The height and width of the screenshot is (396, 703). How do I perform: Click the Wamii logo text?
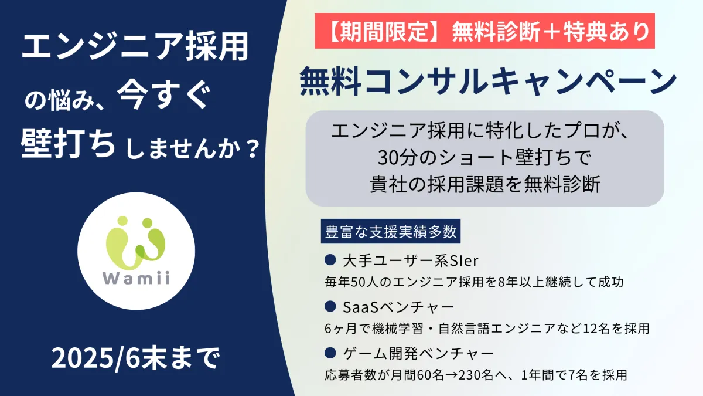136,277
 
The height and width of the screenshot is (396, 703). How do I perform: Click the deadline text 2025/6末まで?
135,358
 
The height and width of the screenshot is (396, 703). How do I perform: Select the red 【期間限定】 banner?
485,31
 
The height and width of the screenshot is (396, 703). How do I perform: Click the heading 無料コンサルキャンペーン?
488,81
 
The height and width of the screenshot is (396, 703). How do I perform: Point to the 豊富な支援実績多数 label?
391,231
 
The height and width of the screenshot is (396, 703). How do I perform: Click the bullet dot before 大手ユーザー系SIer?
330,260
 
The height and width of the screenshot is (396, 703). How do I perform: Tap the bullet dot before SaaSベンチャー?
330,306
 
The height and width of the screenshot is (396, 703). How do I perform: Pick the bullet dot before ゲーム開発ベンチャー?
330,353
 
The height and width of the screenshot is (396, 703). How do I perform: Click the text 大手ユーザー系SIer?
411,260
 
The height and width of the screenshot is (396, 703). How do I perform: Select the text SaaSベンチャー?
398,307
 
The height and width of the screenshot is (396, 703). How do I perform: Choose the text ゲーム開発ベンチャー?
418,353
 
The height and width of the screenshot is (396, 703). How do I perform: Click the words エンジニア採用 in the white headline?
135,47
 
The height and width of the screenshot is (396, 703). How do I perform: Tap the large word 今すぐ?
164,96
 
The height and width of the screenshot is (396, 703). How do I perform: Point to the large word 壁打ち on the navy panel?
68,144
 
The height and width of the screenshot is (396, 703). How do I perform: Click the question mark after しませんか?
253,150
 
